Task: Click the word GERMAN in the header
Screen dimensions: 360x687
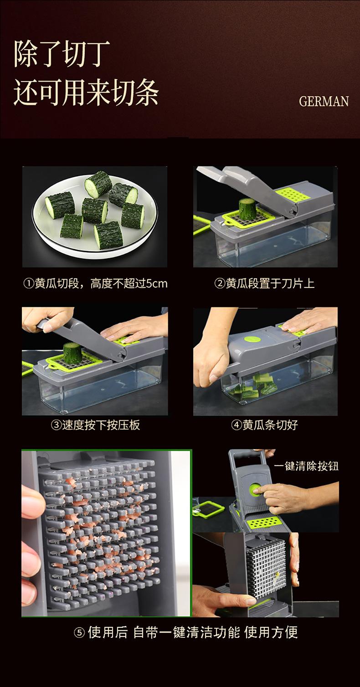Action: (324, 101)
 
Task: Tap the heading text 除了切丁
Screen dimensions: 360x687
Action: (62, 54)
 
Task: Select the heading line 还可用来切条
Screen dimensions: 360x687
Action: (86, 92)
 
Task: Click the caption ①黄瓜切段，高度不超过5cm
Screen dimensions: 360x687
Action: (95, 283)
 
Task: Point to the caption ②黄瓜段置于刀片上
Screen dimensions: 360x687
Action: (265, 283)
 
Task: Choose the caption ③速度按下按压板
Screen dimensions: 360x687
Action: (95, 425)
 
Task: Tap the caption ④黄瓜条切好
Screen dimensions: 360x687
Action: (265, 425)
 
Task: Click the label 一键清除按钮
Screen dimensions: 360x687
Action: (306, 466)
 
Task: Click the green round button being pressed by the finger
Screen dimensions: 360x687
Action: (254, 489)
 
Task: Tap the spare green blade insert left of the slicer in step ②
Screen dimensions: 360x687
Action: (201, 225)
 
